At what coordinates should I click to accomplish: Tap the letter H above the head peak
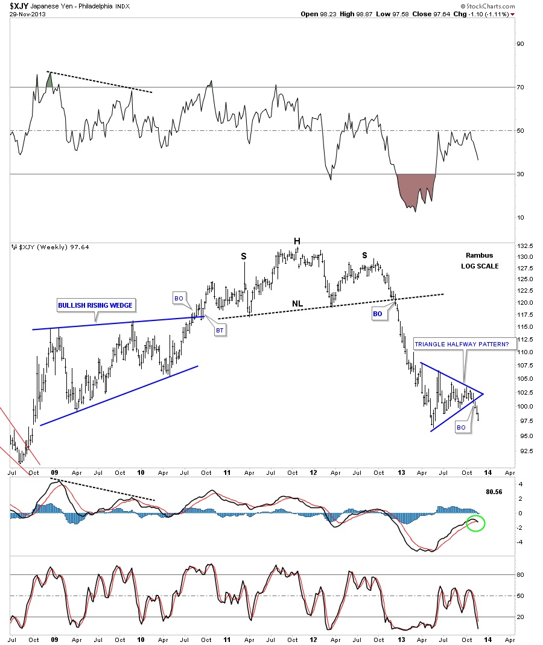297,241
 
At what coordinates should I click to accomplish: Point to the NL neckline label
297,303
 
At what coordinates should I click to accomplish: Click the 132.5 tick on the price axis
524,246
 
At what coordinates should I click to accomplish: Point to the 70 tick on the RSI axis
520,87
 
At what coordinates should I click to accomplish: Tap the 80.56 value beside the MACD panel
494,492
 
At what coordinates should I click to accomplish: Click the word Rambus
480,255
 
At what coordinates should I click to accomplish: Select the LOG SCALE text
480,265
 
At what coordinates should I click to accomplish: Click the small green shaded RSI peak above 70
49,80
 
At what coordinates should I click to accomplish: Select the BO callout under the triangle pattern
461,427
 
